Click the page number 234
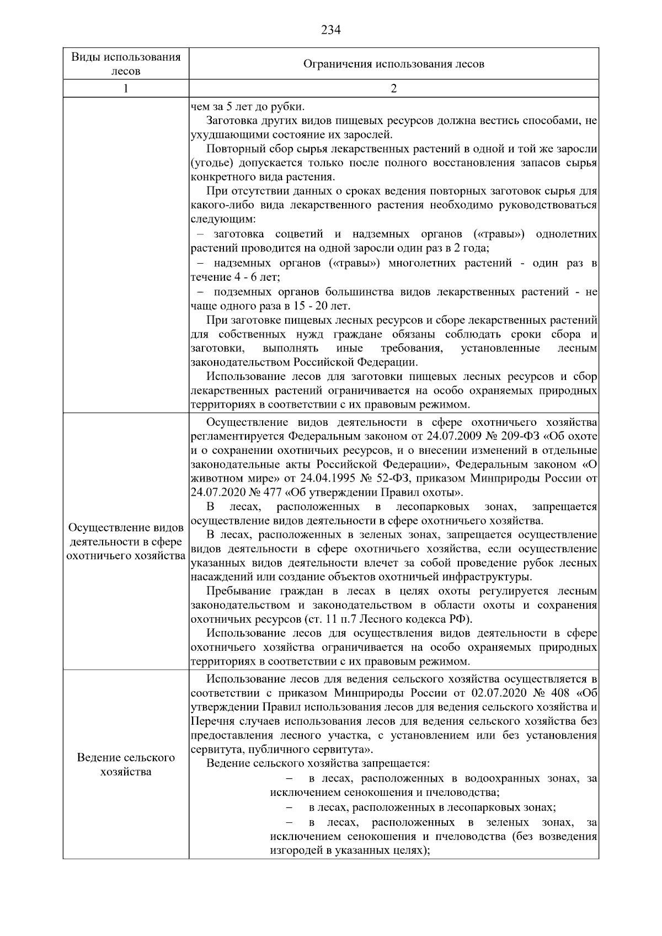tap(330, 30)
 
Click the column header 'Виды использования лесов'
tap(126, 64)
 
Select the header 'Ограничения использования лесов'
tap(393, 64)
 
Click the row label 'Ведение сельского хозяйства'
tap(126, 764)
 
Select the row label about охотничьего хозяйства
tap(126, 542)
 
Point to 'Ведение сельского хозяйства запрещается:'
tap(318, 763)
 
